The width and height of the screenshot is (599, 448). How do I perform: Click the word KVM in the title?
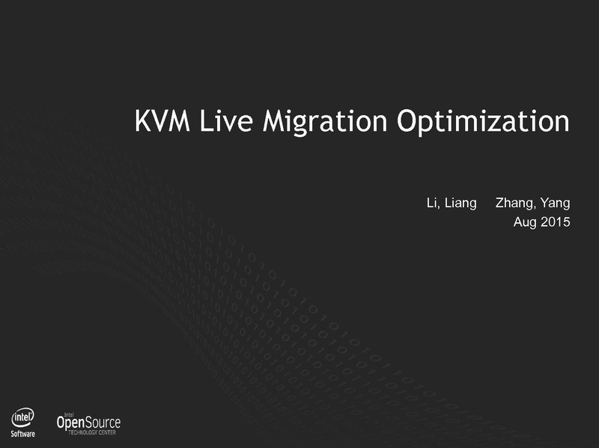pos(162,121)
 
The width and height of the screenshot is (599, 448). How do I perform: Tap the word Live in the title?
pos(226,121)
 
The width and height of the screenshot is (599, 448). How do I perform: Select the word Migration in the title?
pos(325,123)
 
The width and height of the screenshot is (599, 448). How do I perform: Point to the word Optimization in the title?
pos(483,123)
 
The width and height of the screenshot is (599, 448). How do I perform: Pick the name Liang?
pos(460,203)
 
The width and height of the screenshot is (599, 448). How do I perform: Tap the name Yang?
pos(555,203)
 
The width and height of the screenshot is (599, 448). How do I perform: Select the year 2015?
pos(556,222)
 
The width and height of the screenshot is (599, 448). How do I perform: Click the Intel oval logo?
pos(23,418)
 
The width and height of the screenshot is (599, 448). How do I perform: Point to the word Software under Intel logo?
pos(23,434)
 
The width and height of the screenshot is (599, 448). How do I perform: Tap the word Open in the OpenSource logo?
pos(70,423)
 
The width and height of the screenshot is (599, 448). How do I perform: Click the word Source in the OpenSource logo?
pos(103,423)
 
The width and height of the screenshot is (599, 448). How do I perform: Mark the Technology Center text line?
pos(92,432)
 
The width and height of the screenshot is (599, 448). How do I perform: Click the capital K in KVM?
pos(142,121)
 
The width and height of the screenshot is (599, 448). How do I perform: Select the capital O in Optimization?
pos(407,121)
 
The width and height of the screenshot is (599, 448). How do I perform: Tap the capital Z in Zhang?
pos(499,203)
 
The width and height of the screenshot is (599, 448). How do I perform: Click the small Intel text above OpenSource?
pos(70,414)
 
